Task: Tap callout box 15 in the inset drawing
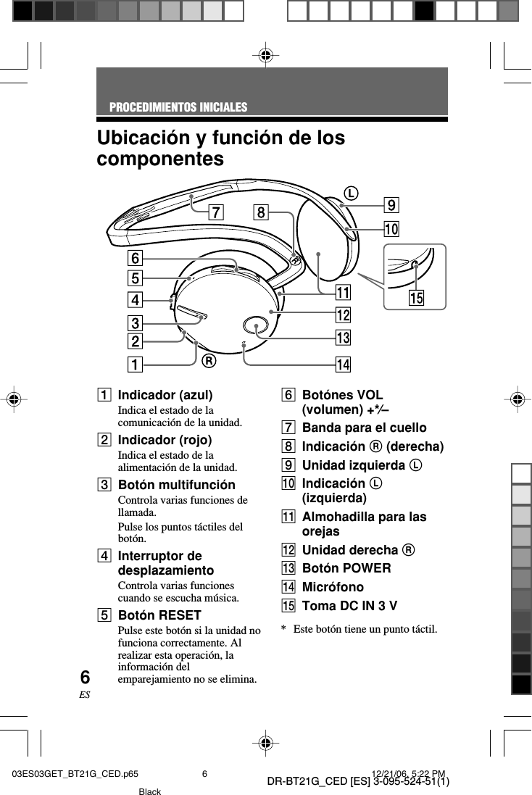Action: (x=416, y=298)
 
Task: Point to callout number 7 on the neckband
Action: (x=215, y=212)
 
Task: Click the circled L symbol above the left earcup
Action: (x=351, y=193)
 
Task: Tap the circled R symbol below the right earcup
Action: (x=209, y=360)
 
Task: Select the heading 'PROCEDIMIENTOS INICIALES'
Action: (x=178, y=107)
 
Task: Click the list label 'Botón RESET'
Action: (x=159, y=615)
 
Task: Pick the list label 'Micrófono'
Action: (x=333, y=586)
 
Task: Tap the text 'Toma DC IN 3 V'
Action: (x=349, y=605)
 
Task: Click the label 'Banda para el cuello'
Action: (x=364, y=428)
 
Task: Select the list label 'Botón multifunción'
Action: (x=176, y=484)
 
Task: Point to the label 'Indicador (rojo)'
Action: (x=165, y=440)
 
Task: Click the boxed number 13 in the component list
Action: (x=288, y=568)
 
